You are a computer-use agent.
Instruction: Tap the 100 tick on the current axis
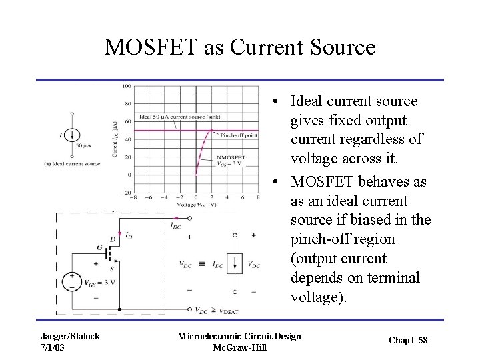[126, 86]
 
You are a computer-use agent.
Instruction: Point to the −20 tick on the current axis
[125, 193]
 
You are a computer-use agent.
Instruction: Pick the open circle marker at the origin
[195, 175]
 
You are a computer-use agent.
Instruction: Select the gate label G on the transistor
[99, 248]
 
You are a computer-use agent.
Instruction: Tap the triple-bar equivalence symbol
[201, 264]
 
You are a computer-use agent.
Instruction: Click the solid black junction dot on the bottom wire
[119, 310]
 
